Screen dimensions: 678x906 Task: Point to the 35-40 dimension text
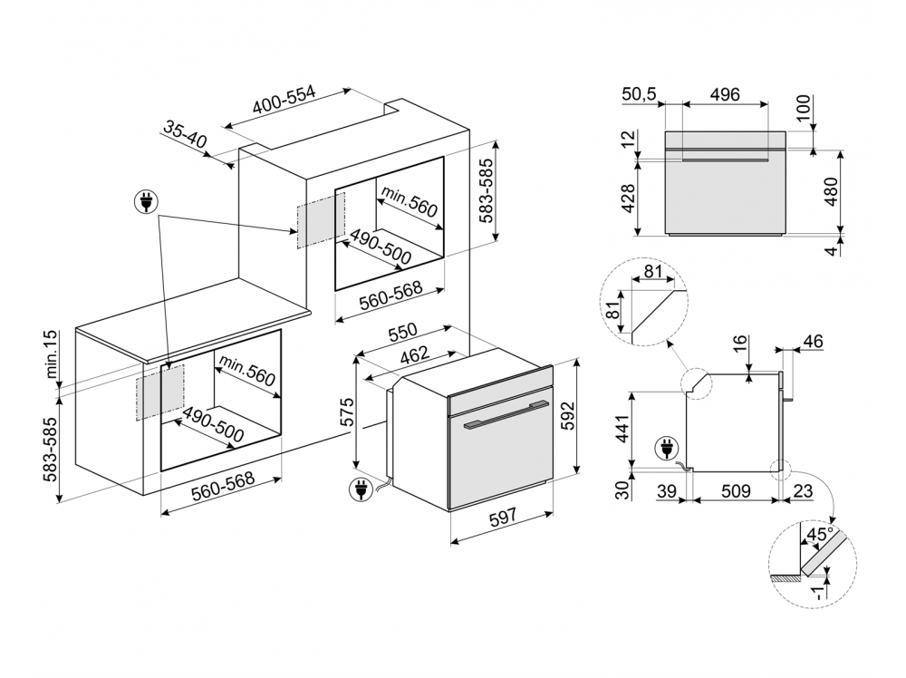coord(186,136)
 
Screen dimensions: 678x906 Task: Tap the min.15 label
coord(51,354)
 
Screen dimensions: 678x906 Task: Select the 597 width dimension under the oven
coord(503,516)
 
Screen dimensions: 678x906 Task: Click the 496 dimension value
coord(725,94)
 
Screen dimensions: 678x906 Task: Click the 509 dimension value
coord(736,492)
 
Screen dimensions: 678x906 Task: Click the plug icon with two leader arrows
coord(145,202)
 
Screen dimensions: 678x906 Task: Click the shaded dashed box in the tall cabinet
coord(319,220)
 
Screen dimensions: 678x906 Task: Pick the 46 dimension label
coord(814,342)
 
